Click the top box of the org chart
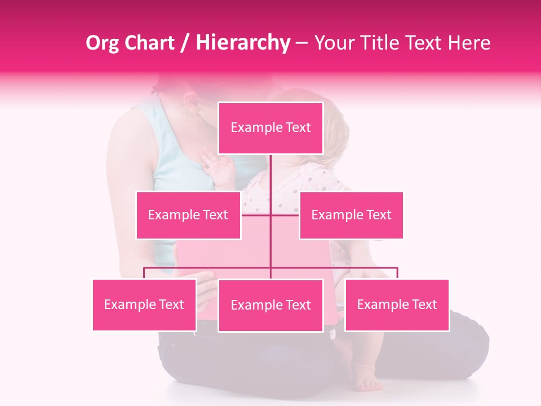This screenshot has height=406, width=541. coord(270,128)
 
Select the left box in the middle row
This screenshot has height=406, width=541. coord(188,215)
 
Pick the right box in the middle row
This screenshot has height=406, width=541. coord(351,215)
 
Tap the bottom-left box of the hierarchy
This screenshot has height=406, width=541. coord(144,304)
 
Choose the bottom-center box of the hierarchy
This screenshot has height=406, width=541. coord(270,305)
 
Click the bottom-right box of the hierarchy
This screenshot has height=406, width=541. coord(397,304)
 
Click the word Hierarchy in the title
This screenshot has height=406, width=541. coord(242,43)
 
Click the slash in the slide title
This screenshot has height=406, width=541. coord(186,43)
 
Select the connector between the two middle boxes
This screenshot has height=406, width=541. coord(270,214)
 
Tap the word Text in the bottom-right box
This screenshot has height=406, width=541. coord(424,304)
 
